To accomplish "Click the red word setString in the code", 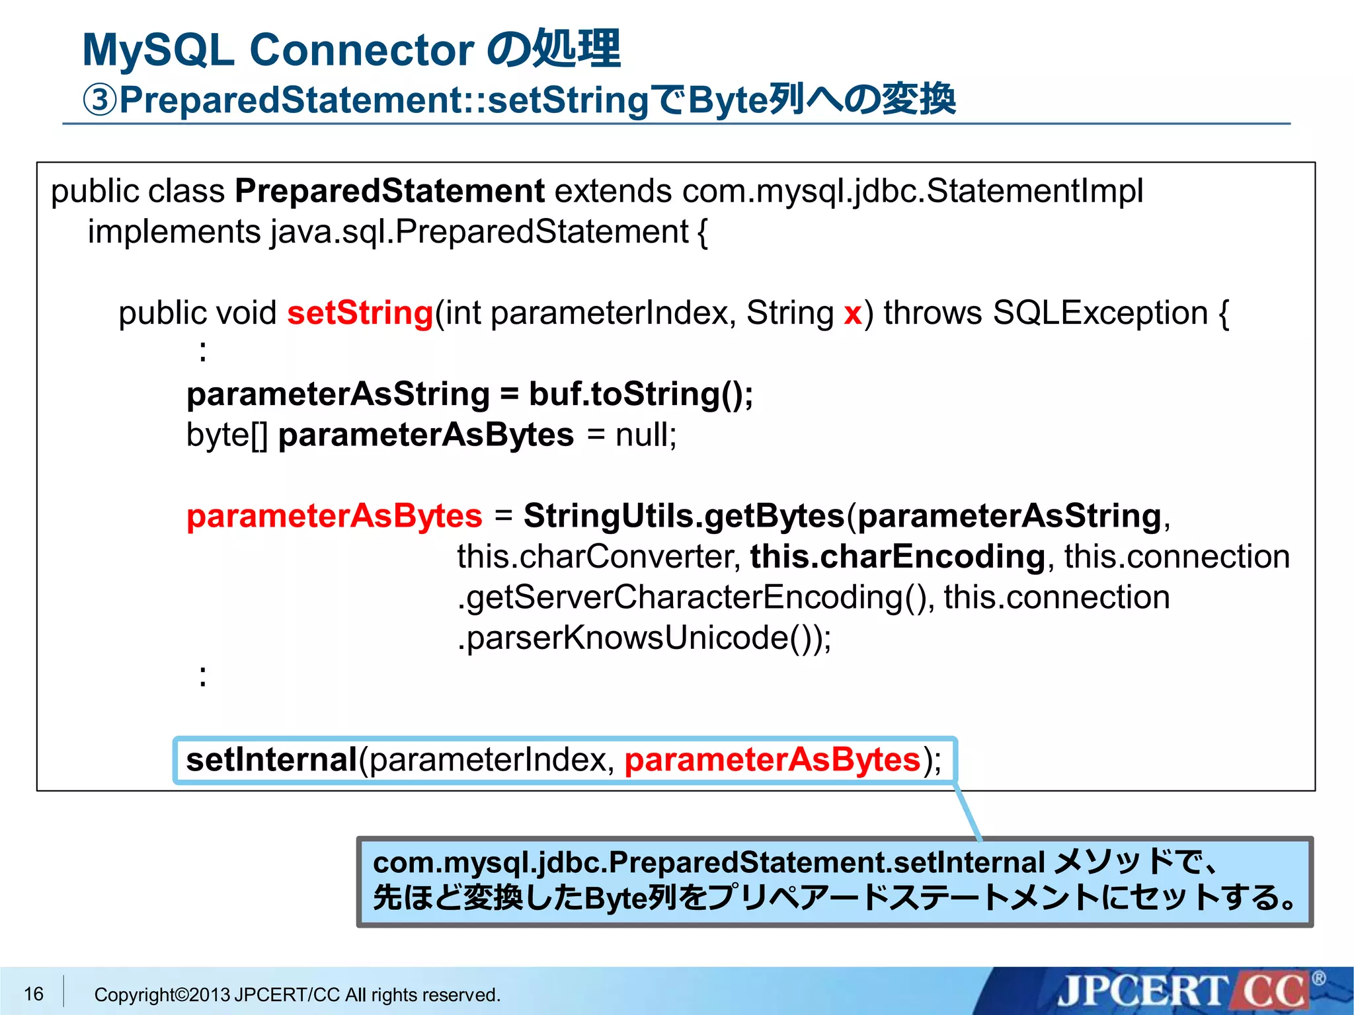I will (360, 313).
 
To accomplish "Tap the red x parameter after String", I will (852, 313).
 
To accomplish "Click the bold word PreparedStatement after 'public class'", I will (389, 191).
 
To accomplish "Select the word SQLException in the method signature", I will (1100, 313).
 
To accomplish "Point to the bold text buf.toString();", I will (640, 395).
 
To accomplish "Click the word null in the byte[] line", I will (645, 435).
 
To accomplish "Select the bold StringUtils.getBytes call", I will (684, 516).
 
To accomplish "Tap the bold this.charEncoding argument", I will (897, 556).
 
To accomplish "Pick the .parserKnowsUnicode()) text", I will (643, 638).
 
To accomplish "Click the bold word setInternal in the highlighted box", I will (271, 760).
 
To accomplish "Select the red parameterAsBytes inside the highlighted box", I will (772, 760).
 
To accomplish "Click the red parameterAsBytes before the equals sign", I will (334, 516).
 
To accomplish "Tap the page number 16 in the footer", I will (34, 994).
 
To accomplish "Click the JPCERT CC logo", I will (1183, 991).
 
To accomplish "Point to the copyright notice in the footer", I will (297, 995).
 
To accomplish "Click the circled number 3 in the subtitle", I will (100, 100).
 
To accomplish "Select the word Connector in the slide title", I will (362, 50).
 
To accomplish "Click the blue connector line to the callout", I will (968, 811).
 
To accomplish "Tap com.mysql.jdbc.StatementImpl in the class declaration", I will (912, 191).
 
